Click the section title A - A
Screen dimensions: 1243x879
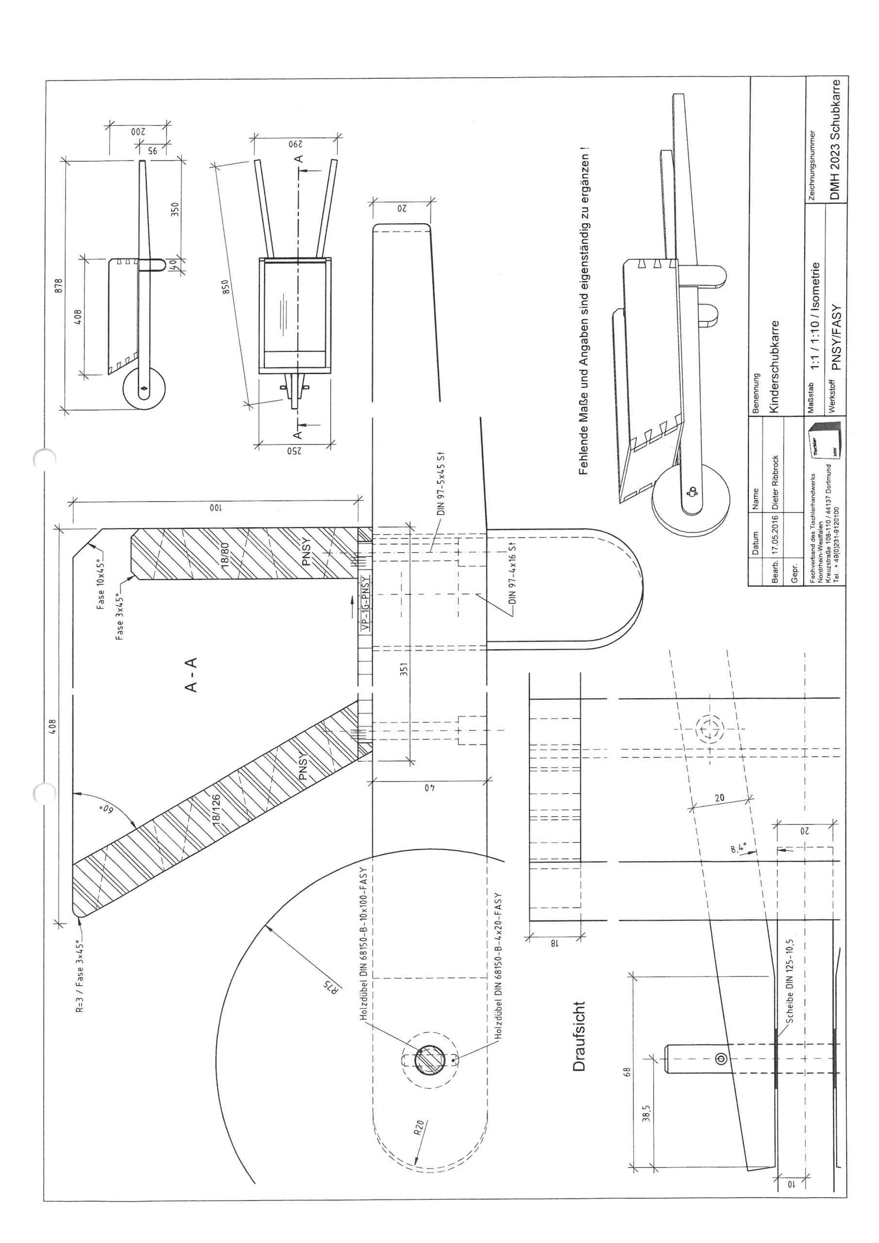coord(191,675)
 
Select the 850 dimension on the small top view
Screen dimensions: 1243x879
coord(226,286)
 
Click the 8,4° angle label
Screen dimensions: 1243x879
coord(738,847)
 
